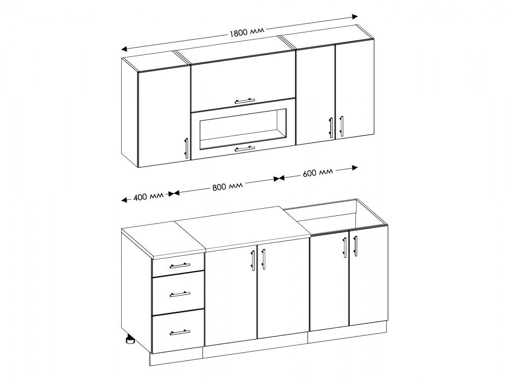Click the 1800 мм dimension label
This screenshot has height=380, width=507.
247,31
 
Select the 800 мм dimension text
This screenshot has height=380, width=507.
228,186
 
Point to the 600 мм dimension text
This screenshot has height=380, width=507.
317,173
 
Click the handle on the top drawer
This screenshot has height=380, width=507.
180,265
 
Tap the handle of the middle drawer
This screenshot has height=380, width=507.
180,294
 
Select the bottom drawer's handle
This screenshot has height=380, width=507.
180,332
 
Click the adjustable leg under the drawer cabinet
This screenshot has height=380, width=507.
130,340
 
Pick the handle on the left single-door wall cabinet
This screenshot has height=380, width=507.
186,148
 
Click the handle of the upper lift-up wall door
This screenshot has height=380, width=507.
245,101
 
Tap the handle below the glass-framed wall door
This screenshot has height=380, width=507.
245,148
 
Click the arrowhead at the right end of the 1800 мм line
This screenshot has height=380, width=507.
355,17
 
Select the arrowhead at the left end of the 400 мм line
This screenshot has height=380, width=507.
125,200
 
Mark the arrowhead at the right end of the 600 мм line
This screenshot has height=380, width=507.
355,167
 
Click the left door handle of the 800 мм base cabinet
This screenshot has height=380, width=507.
253,259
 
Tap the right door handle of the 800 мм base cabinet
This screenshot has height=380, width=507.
263,259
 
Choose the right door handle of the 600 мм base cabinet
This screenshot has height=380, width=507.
355,246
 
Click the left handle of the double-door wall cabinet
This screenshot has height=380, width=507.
331,128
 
